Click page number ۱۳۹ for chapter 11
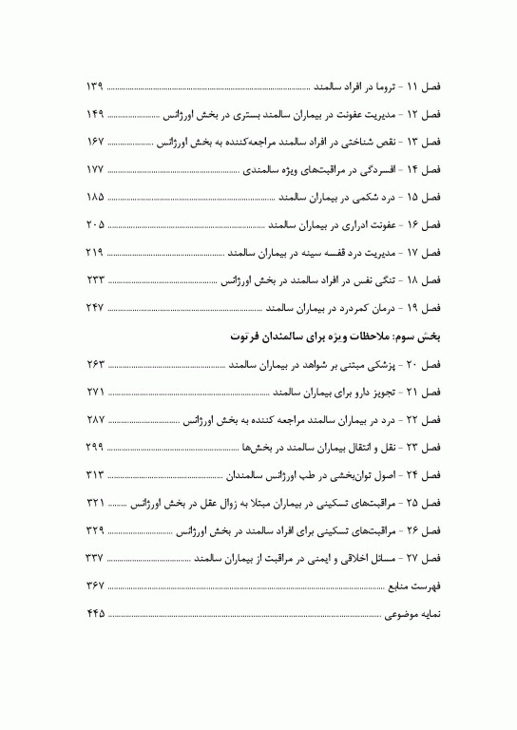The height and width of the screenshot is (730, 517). tap(93, 86)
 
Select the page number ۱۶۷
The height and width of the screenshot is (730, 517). tap(93, 142)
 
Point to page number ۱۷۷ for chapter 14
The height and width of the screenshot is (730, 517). tap(93, 169)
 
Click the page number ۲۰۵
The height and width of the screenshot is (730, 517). tap(93, 197)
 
